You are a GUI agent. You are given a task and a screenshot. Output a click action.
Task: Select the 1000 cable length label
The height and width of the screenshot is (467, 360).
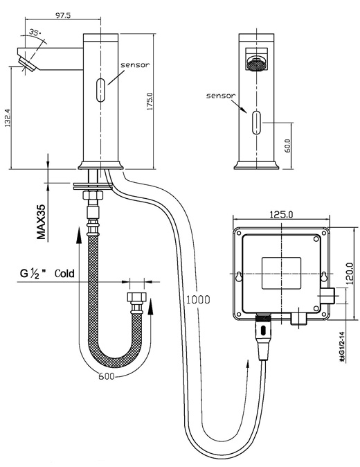point(199,299)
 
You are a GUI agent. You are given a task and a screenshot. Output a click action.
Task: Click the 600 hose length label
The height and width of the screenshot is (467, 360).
point(106,376)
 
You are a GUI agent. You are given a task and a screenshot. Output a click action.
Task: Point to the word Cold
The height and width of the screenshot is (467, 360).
point(65,272)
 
